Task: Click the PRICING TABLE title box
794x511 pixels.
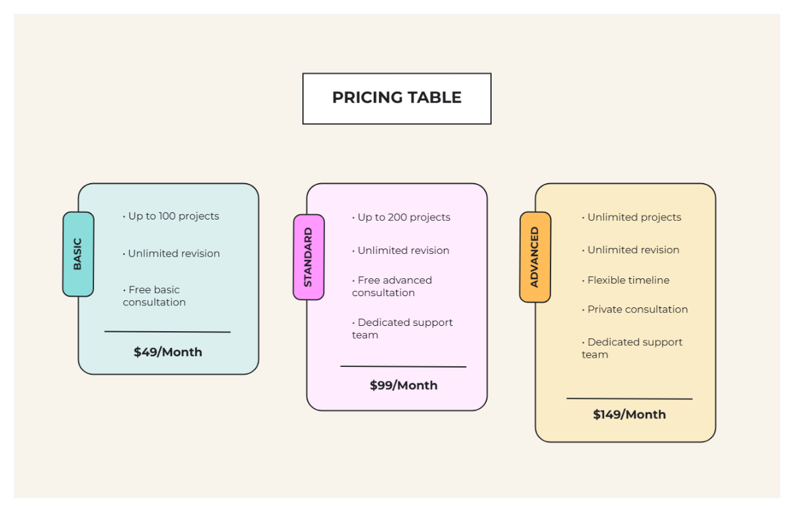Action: point(396,98)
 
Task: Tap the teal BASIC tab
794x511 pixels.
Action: point(78,254)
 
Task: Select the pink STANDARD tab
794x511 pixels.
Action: point(308,257)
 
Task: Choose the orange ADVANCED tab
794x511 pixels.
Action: point(535,257)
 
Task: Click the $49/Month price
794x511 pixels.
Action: point(167,352)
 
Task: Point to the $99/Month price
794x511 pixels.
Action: point(403,385)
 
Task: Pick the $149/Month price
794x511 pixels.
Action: point(629,414)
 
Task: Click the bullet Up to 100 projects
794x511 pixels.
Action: point(172,216)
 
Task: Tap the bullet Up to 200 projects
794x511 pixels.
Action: point(402,217)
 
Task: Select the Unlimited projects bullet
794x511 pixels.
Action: point(633,217)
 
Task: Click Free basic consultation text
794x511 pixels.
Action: point(154,296)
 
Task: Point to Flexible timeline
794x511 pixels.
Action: point(627,280)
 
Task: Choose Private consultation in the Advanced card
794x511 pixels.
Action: point(636,309)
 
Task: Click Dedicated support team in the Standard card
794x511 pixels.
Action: point(402,329)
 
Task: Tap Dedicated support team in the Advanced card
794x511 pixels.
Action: point(632,348)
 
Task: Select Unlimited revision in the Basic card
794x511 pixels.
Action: point(172,254)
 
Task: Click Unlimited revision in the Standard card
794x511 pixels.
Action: point(402,251)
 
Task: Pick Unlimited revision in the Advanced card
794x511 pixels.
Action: point(632,250)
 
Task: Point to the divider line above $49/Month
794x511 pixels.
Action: point(167,332)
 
